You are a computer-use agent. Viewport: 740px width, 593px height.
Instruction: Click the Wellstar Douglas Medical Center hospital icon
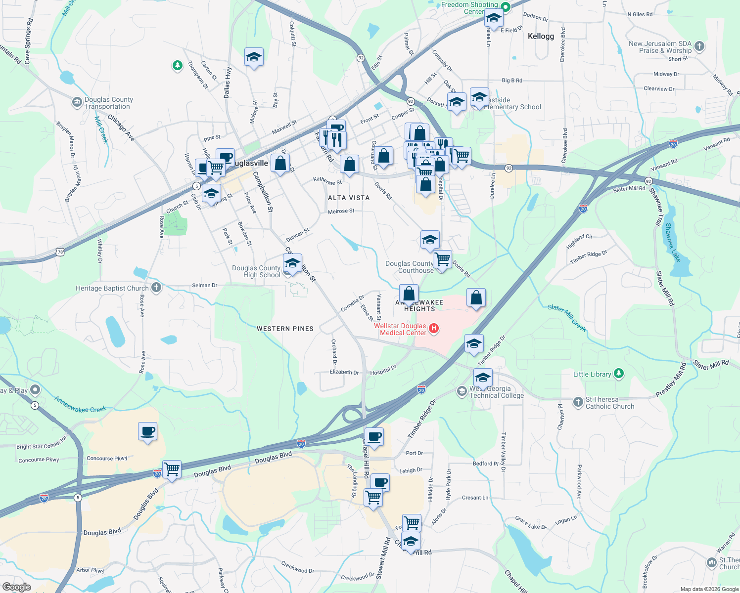pyautogui.click(x=434, y=329)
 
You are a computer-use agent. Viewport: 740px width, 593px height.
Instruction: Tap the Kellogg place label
pyautogui.click(x=541, y=36)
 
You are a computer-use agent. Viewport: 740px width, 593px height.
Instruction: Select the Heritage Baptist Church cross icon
pyautogui.click(x=156, y=288)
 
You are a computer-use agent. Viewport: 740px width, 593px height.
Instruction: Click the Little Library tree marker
pyautogui.click(x=619, y=374)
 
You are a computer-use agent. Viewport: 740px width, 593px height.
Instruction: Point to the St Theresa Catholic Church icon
pyautogui.click(x=578, y=402)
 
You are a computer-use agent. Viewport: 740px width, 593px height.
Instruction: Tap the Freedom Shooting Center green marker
pyautogui.click(x=505, y=7)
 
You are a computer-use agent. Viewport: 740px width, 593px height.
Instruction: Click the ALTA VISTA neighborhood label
pyautogui.click(x=349, y=198)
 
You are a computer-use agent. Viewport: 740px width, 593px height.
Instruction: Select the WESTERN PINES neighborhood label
pyautogui.click(x=285, y=329)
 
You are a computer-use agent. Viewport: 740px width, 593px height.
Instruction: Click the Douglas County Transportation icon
pyautogui.click(x=77, y=102)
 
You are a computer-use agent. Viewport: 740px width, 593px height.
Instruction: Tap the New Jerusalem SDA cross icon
pyautogui.click(x=699, y=46)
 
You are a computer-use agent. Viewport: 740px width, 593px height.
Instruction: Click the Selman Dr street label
pyautogui.click(x=204, y=286)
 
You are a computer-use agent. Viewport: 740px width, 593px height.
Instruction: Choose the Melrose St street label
pyautogui.click(x=341, y=211)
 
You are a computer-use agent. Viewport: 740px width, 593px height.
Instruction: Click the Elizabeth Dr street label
pyautogui.click(x=344, y=372)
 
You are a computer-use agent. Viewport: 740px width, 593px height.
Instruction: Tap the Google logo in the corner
pyautogui.click(x=16, y=587)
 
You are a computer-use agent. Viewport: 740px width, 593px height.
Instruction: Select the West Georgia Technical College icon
pyautogui.click(x=462, y=391)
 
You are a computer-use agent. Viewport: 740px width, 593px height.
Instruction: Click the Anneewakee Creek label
pyautogui.click(x=81, y=405)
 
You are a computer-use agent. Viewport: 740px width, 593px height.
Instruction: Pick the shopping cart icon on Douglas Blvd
pyautogui.click(x=172, y=468)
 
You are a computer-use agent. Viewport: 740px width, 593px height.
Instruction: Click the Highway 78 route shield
pyautogui.click(x=60, y=252)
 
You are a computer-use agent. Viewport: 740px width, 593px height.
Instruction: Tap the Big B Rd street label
pyautogui.click(x=512, y=81)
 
